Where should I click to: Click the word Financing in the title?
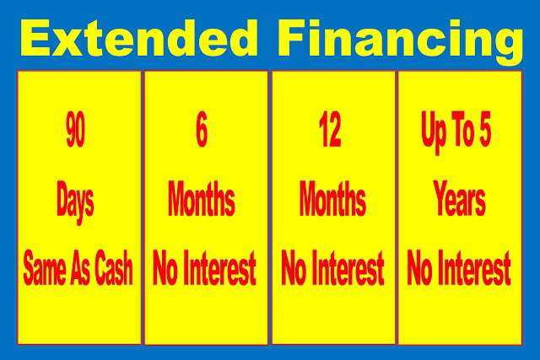[x=401, y=41]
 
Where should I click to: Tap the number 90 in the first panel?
[x=75, y=129]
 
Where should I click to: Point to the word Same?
[x=45, y=268]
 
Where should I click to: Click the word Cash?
[x=114, y=268]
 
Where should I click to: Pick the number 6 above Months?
[x=202, y=129]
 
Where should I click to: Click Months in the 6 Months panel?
[x=202, y=199]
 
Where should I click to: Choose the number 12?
[x=330, y=129]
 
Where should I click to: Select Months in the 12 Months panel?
[x=332, y=199]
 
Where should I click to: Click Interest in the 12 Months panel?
[x=348, y=268]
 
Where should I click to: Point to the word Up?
[x=433, y=132]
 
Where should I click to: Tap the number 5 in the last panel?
[x=484, y=129]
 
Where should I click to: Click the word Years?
[x=459, y=199]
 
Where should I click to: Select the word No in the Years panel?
[x=420, y=268]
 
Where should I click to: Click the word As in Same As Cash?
[x=80, y=268]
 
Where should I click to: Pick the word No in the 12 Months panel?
[x=294, y=268]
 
